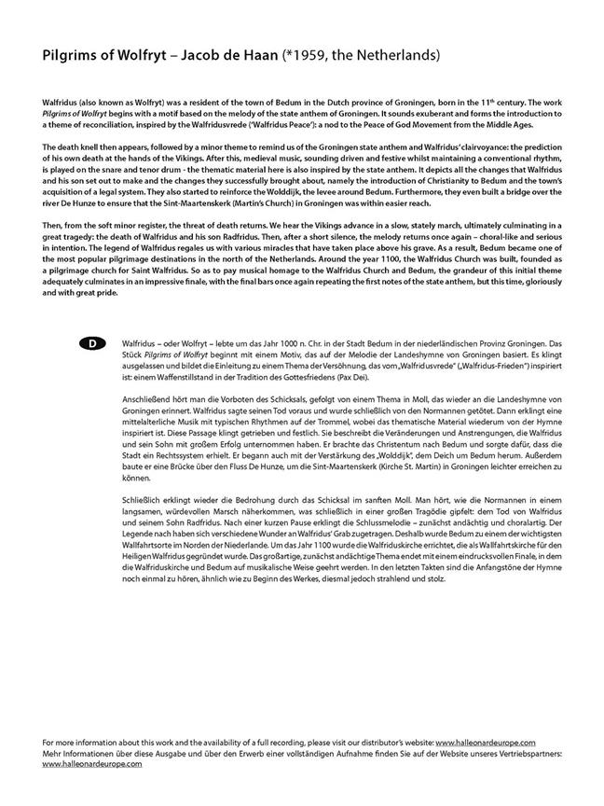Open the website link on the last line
(92, 763)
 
